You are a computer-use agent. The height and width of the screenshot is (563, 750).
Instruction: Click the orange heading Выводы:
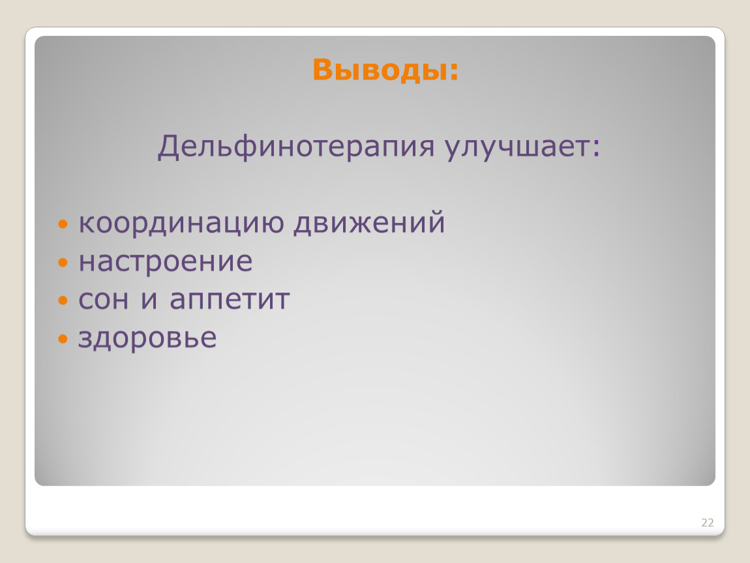pos(385,70)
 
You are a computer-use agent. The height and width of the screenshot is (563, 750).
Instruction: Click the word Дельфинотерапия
pos(296,146)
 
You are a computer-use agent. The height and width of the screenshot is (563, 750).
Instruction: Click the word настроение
pos(165,262)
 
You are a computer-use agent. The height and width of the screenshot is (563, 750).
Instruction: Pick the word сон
pos(103,300)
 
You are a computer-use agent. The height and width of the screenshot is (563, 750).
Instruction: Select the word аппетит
pos(230,300)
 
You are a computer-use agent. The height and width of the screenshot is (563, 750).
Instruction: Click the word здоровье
pos(147,338)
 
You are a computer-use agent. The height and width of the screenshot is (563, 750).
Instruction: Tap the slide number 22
pos(708,523)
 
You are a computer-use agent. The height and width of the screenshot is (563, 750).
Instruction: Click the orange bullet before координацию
pos(63,224)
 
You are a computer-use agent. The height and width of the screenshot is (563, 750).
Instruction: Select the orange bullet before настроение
pos(63,262)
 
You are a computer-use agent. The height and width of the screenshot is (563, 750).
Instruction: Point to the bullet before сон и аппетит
pos(63,300)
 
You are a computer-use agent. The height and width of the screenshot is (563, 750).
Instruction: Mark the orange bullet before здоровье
pos(63,338)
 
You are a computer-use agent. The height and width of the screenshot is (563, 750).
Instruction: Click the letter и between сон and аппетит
pos(149,300)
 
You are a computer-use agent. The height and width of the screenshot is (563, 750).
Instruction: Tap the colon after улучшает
pos(595,148)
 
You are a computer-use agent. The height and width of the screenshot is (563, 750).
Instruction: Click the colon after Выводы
pos(454,72)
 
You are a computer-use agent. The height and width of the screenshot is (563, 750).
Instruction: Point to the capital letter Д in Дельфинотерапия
pos(169,147)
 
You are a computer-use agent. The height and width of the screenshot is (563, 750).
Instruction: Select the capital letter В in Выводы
pos(323,69)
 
